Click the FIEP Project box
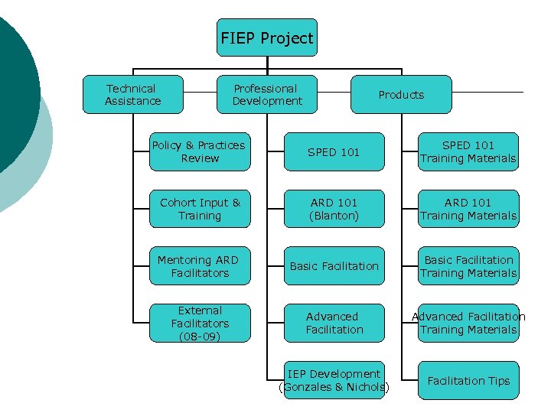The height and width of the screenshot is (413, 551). tap(266, 37)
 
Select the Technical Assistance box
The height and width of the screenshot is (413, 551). tap(133, 94)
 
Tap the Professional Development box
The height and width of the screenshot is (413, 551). tap(266, 94)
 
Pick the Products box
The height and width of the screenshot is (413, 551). tap(401, 94)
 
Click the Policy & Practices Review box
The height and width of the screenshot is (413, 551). tap(200, 151)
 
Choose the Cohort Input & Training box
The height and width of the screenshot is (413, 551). tap(200, 209)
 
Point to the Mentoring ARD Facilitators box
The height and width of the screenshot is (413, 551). tap(200, 266)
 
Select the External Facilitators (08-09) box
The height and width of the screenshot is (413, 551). tap(200, 323)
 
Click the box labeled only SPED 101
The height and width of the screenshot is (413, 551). tap(334, 151)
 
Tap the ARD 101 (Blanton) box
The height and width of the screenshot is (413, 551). tap(334, 209)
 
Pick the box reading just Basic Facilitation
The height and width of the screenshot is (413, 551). tap(334, 266)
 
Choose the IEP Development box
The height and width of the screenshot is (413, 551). tap(334, 380)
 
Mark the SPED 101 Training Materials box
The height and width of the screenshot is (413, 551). tap(468, 151)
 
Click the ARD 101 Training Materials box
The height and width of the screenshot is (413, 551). tap(468, 209)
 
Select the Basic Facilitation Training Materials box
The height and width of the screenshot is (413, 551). tap(468, 266)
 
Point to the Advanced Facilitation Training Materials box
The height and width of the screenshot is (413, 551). tap(468, 323)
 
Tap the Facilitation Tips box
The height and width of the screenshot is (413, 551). tap(468, 380)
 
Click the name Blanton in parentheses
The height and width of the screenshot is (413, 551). tap(334, 216)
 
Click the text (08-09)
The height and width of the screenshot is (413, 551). tap(200, 336)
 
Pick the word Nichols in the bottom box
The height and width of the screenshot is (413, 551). tap(367, 387)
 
